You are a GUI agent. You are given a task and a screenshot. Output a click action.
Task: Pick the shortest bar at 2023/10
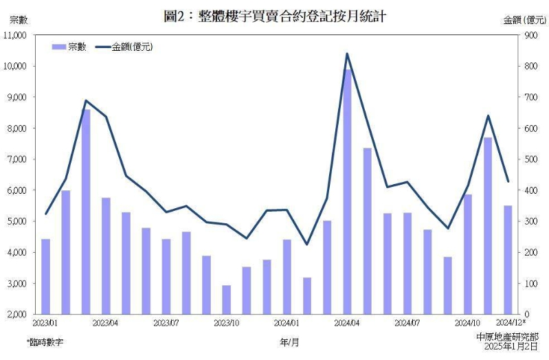[x=226, y=300]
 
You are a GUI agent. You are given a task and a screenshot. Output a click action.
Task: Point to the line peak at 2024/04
[x=347, y=54]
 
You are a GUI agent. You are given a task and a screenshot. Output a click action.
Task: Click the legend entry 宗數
[x=69, y=47]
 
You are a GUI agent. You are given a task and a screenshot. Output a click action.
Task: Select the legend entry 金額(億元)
[x=124, y=47]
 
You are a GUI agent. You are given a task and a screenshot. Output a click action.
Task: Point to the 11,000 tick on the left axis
[x=14, y=34]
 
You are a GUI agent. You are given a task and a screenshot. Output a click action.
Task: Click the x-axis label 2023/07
[x=166, y=322]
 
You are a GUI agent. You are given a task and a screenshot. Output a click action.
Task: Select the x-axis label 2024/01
[x=287, y=322]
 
